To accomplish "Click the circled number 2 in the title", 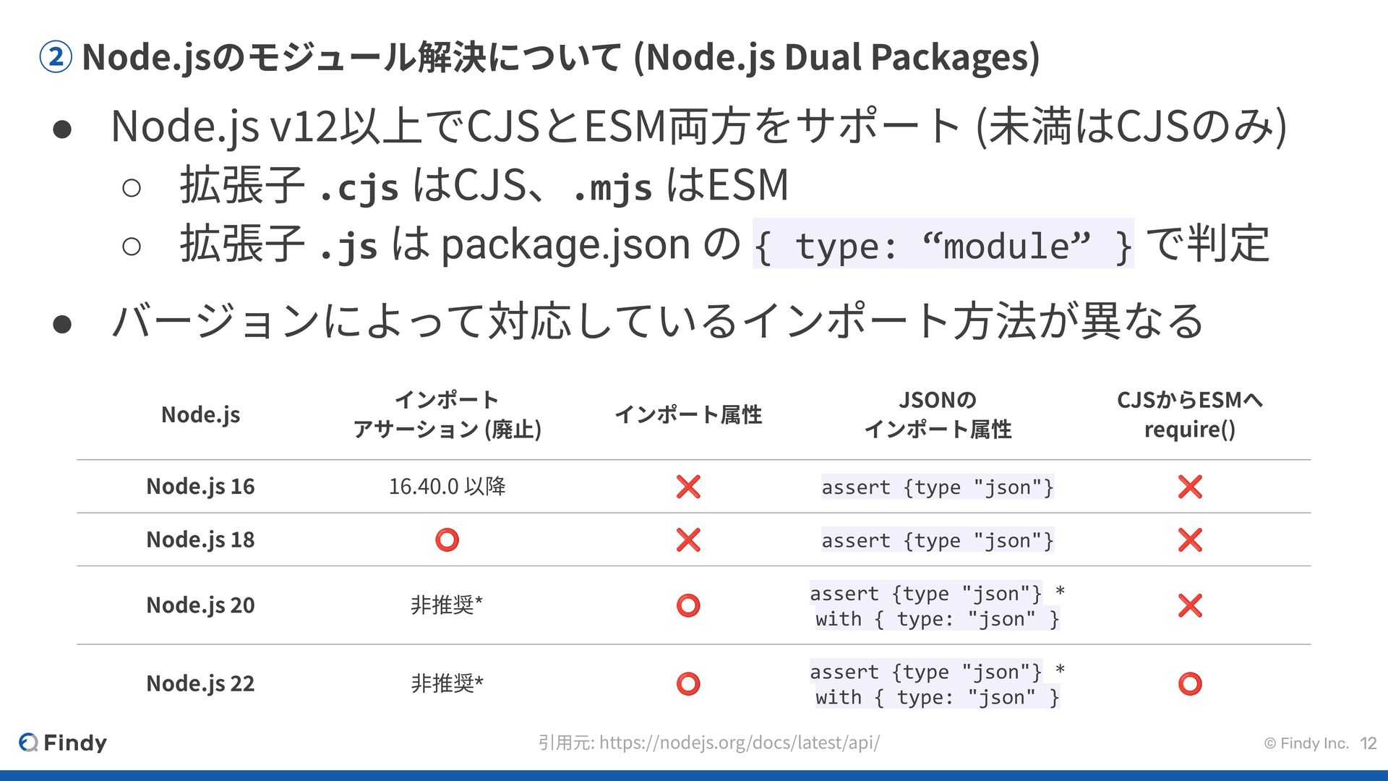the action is coord(55,57).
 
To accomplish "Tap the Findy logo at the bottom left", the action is coord(63,743).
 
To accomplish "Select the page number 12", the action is coord(1368,743).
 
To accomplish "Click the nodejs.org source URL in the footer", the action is coord(739,743).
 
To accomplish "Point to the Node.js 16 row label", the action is coord(200,487).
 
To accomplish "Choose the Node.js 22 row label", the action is coord(200,683).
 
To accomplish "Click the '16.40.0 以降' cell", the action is coord(447,487).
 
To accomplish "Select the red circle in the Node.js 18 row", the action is coord(447,540).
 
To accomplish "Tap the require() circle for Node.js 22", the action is coord(1189,683).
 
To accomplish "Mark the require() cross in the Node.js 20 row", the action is coord(1189,605).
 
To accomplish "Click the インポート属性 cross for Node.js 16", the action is coord(687,487).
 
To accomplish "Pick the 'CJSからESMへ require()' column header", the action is coord(1189,414).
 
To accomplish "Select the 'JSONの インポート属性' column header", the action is coord(938,414).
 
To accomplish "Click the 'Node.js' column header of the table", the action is coord(200,415).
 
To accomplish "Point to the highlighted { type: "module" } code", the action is coord(943,245).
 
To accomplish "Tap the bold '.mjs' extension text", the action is coord(612,187).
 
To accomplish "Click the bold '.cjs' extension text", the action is coord(359,187).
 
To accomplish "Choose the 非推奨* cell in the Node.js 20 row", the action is coord(447,605).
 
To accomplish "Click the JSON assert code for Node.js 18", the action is coord(938,540).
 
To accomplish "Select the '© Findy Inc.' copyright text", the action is coord(1306,743).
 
